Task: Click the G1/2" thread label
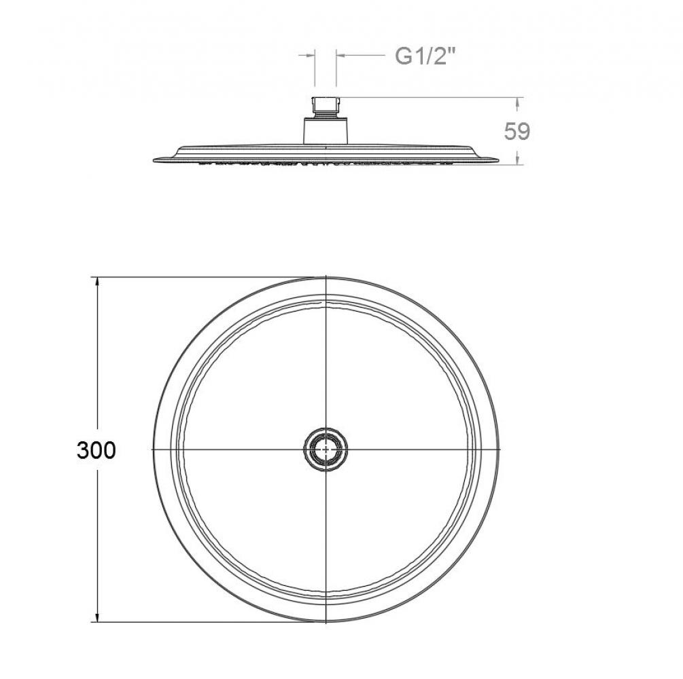click(425, 56)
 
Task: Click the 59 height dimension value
click(517, 132)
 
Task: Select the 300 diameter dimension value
click(97, 450)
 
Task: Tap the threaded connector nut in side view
click(325, 107)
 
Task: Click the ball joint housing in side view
click(326, 130)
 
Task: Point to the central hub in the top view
click(326, 448)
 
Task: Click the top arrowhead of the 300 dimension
click(97, 282)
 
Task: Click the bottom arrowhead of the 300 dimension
click(97, 617)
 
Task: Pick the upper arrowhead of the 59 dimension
click(517, 102)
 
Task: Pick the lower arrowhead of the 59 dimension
click(517, 160)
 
